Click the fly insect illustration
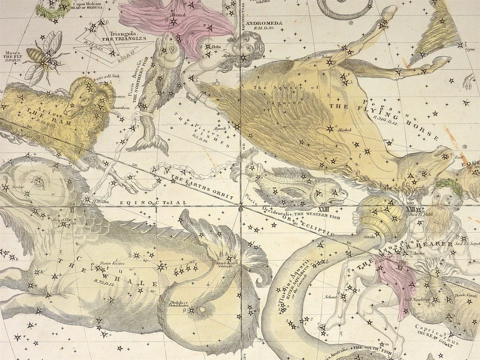pos(47,55)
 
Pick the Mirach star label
pos(179,15)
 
